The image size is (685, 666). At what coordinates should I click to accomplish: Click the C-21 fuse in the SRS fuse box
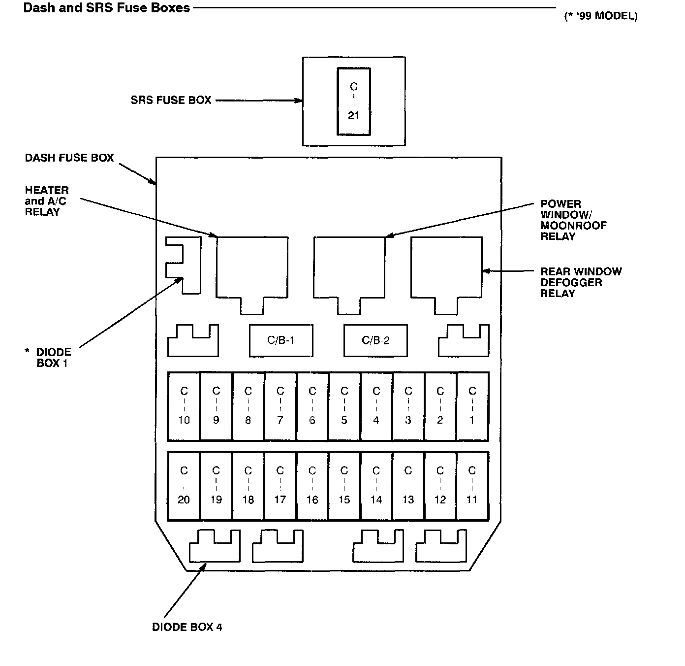point(353,101)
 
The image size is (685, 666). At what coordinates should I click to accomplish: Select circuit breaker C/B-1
point(280,340)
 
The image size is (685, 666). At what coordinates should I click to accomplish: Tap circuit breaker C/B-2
point(375,340)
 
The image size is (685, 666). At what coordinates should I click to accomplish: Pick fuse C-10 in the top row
point(184,406)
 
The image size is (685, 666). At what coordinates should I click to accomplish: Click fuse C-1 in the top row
point(472,406)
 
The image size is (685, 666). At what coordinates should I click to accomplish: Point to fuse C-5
point(344,406)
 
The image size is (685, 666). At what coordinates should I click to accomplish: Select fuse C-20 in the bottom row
point(184,486)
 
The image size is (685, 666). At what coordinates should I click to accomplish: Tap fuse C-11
point(472,486)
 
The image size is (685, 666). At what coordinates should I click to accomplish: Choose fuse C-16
point(312,486)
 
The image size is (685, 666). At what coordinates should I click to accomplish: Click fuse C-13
point(408,486)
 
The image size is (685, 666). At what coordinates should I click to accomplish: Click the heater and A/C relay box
point(252,268)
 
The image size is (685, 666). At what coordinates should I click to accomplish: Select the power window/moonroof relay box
point(349,268)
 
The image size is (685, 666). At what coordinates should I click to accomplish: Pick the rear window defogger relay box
point(446,268)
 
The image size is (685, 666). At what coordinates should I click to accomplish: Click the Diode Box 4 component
point(215,548)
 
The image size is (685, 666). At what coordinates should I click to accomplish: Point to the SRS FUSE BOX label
point(171,100)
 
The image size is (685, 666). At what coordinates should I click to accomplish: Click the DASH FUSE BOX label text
point(69,158)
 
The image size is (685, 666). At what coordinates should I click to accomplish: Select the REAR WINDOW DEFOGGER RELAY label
point(581,282)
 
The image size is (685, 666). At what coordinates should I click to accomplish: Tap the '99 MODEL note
point(600,16)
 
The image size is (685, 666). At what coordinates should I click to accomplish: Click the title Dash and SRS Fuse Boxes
point(107,8)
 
